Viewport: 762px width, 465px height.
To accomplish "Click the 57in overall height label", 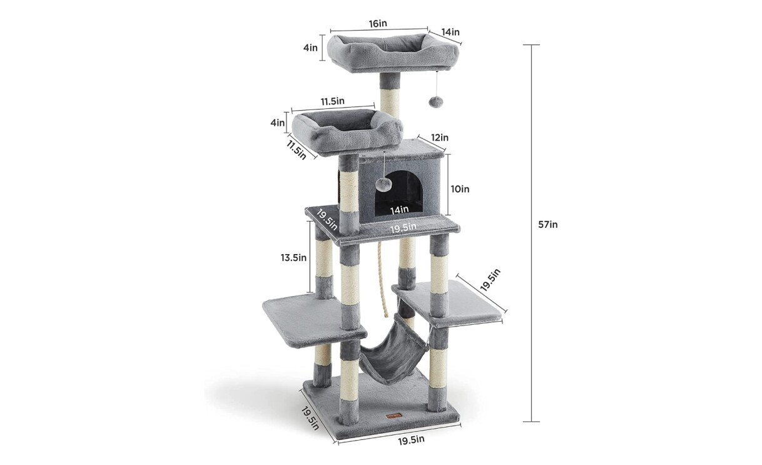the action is point(547,225).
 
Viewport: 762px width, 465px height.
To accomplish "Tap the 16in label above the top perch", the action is point(378,23).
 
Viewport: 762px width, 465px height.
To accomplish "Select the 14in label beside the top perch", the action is point(450,32).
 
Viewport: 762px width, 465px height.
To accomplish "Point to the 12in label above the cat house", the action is point(440,138).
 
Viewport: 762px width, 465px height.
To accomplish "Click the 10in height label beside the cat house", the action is point(460,189).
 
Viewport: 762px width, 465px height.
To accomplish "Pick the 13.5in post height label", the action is point(293,258).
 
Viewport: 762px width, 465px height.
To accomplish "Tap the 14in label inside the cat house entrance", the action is point(399,210).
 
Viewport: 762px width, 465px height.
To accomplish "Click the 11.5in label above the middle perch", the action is point(332,101).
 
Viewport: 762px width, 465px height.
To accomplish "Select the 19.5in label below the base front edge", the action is point(411,441).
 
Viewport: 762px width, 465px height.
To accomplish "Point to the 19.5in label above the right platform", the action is point(490,280).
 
